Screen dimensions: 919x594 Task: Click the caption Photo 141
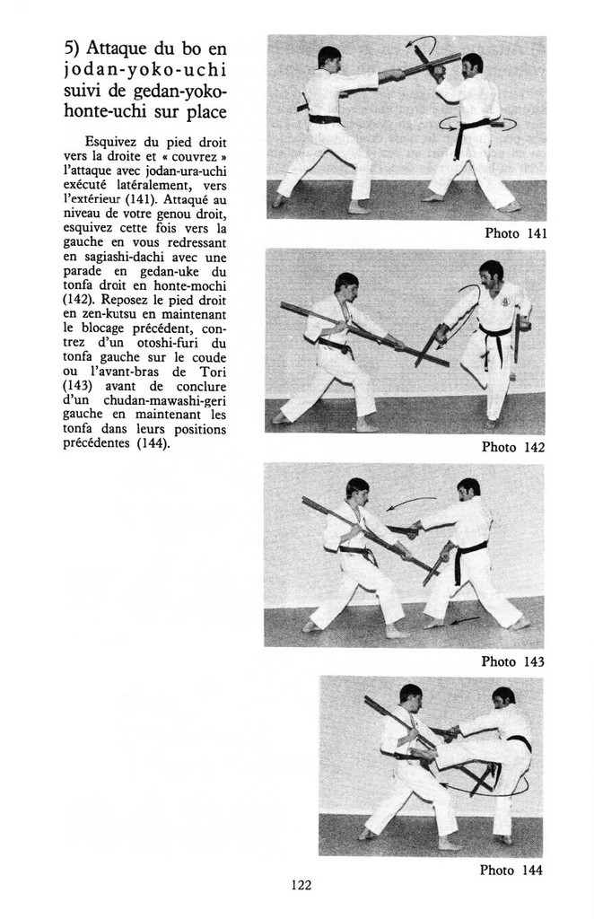(516, 233)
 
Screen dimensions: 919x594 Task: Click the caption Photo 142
(513, 447)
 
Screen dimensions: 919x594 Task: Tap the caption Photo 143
(512, 661)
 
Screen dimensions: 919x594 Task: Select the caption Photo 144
(511, 870)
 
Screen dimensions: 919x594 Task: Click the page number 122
(301, 886)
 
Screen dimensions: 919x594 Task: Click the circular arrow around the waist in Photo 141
(480, 123)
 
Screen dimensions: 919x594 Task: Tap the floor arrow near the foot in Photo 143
(464, 619)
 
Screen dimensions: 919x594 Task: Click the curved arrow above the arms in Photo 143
(411, 502)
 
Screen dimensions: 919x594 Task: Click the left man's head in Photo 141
(329, 58)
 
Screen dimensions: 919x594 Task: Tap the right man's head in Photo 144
(503, 697)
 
